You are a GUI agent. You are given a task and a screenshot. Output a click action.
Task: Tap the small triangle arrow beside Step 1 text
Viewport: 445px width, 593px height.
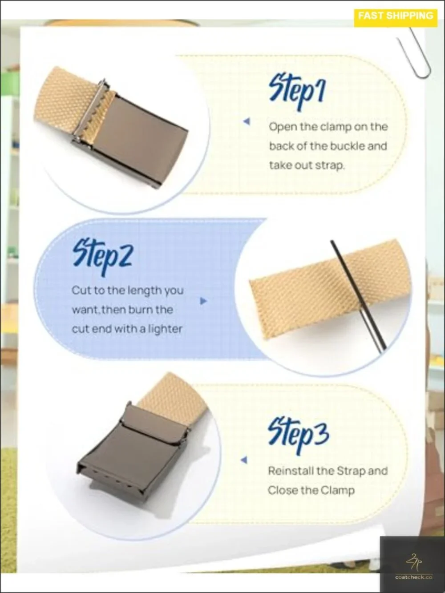247,121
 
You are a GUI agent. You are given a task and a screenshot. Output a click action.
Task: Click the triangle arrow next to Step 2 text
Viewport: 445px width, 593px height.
203,301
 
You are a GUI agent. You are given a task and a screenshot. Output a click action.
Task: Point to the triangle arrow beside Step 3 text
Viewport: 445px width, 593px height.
244,460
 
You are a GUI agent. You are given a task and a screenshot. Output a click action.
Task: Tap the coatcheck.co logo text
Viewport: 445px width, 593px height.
413,577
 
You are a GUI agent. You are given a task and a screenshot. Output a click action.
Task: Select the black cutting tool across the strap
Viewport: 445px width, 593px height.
358,297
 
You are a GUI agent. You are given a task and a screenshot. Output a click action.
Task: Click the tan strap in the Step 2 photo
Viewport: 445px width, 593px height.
330,286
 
